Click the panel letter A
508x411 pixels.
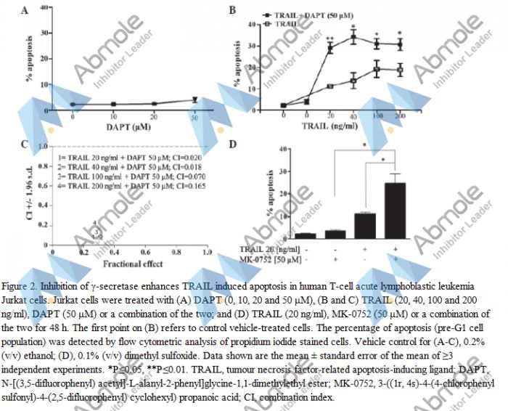(x=26, y=11)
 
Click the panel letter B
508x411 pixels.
(x=233, y=10)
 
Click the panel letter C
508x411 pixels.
(x=26, y=145)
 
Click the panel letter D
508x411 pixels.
(x=233, y=145)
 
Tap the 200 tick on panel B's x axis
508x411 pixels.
(x=399, y=115)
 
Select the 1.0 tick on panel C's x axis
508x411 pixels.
(x=206, y=252)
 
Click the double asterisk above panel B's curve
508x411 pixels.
(x=329, y=38)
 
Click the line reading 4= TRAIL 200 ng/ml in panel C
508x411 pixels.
(x=129, y=187)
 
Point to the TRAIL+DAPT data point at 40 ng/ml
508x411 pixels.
(x=353, y=37)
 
